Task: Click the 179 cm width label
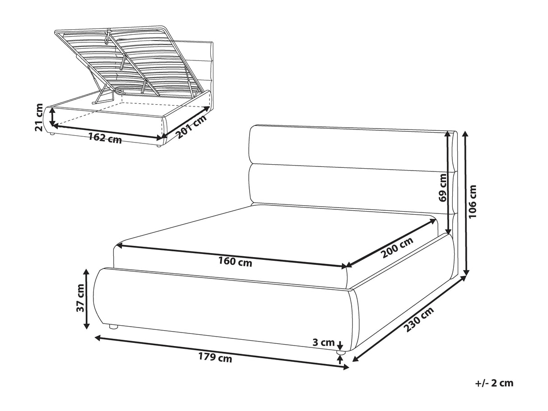pos(215,357)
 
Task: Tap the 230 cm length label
pos(419,320)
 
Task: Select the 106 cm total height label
pos(473,202)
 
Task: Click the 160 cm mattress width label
pos(235,262)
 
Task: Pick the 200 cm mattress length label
pos(397,247)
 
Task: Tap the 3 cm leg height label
pos(324,342)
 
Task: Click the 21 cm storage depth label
pos(39,117)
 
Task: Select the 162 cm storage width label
pos(105,138)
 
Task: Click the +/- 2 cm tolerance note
pos(494,390)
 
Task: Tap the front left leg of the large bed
pos(113,327)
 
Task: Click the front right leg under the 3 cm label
pos(340,352)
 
